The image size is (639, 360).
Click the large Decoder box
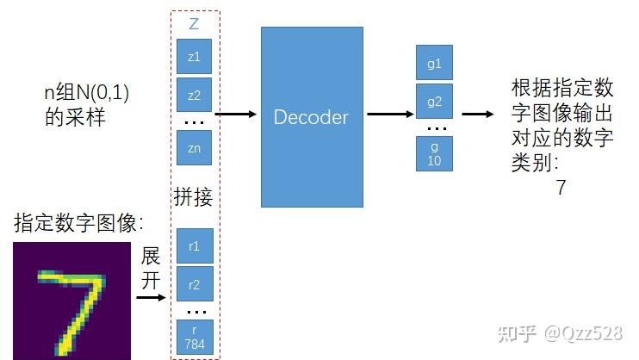pos(311,116)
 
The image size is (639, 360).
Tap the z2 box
pos(194,95)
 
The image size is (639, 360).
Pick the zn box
pos(194,147)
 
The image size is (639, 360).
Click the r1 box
pos(194,245)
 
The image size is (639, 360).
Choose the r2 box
pos(194,283)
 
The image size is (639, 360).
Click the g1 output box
pos(434,63)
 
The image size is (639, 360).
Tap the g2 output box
pos(434,101)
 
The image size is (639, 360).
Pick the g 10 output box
pos(434,153)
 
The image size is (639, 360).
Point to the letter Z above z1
pos(194,25)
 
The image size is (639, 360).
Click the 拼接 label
pos(194,197)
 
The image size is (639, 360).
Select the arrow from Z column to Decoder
pos(235,114)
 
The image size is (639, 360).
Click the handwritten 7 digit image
pos(71,301)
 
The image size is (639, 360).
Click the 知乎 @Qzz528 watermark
pos(569,334)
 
